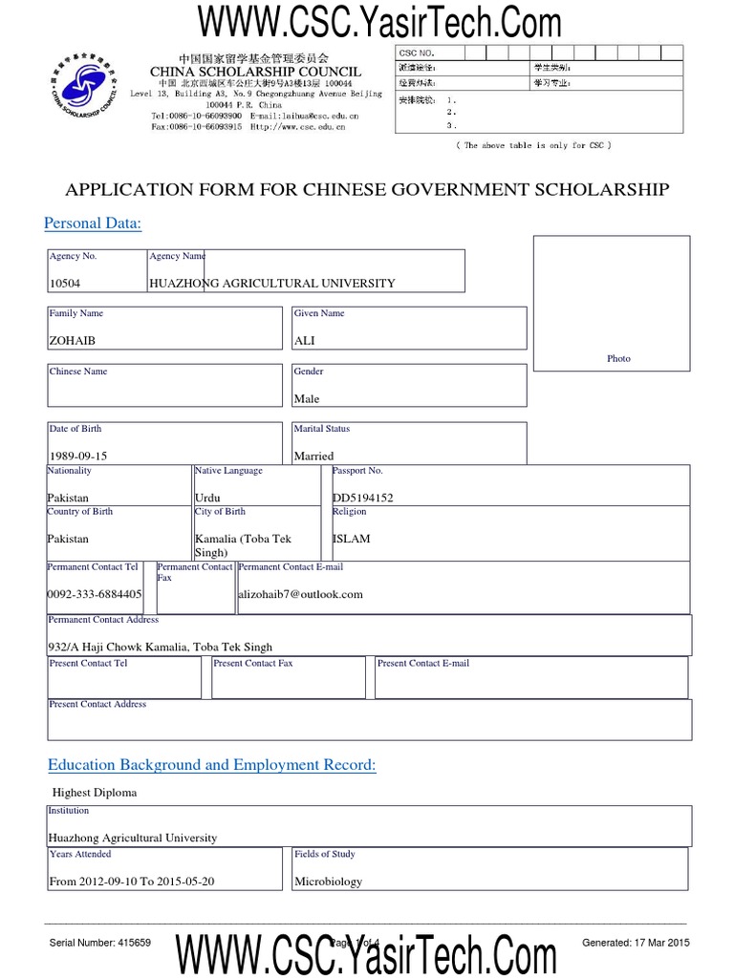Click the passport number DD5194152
[362, 498]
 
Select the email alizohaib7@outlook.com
[301, 594]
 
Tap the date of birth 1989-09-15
[78, 457]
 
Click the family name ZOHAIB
[73, 340]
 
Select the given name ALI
[305, 340]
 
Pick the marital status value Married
[314, 457]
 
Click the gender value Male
[307, 399]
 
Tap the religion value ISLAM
[351, 539]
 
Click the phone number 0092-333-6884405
[95, 594]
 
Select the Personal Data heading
[93, 223]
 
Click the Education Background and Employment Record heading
[212, 765]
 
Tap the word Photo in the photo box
[618, 358]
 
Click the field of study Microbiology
[329, 882]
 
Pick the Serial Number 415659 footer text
[99, 943]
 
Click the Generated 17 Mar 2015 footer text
[636, 943]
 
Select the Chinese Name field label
[78, 372]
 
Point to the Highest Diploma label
[95, 793]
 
